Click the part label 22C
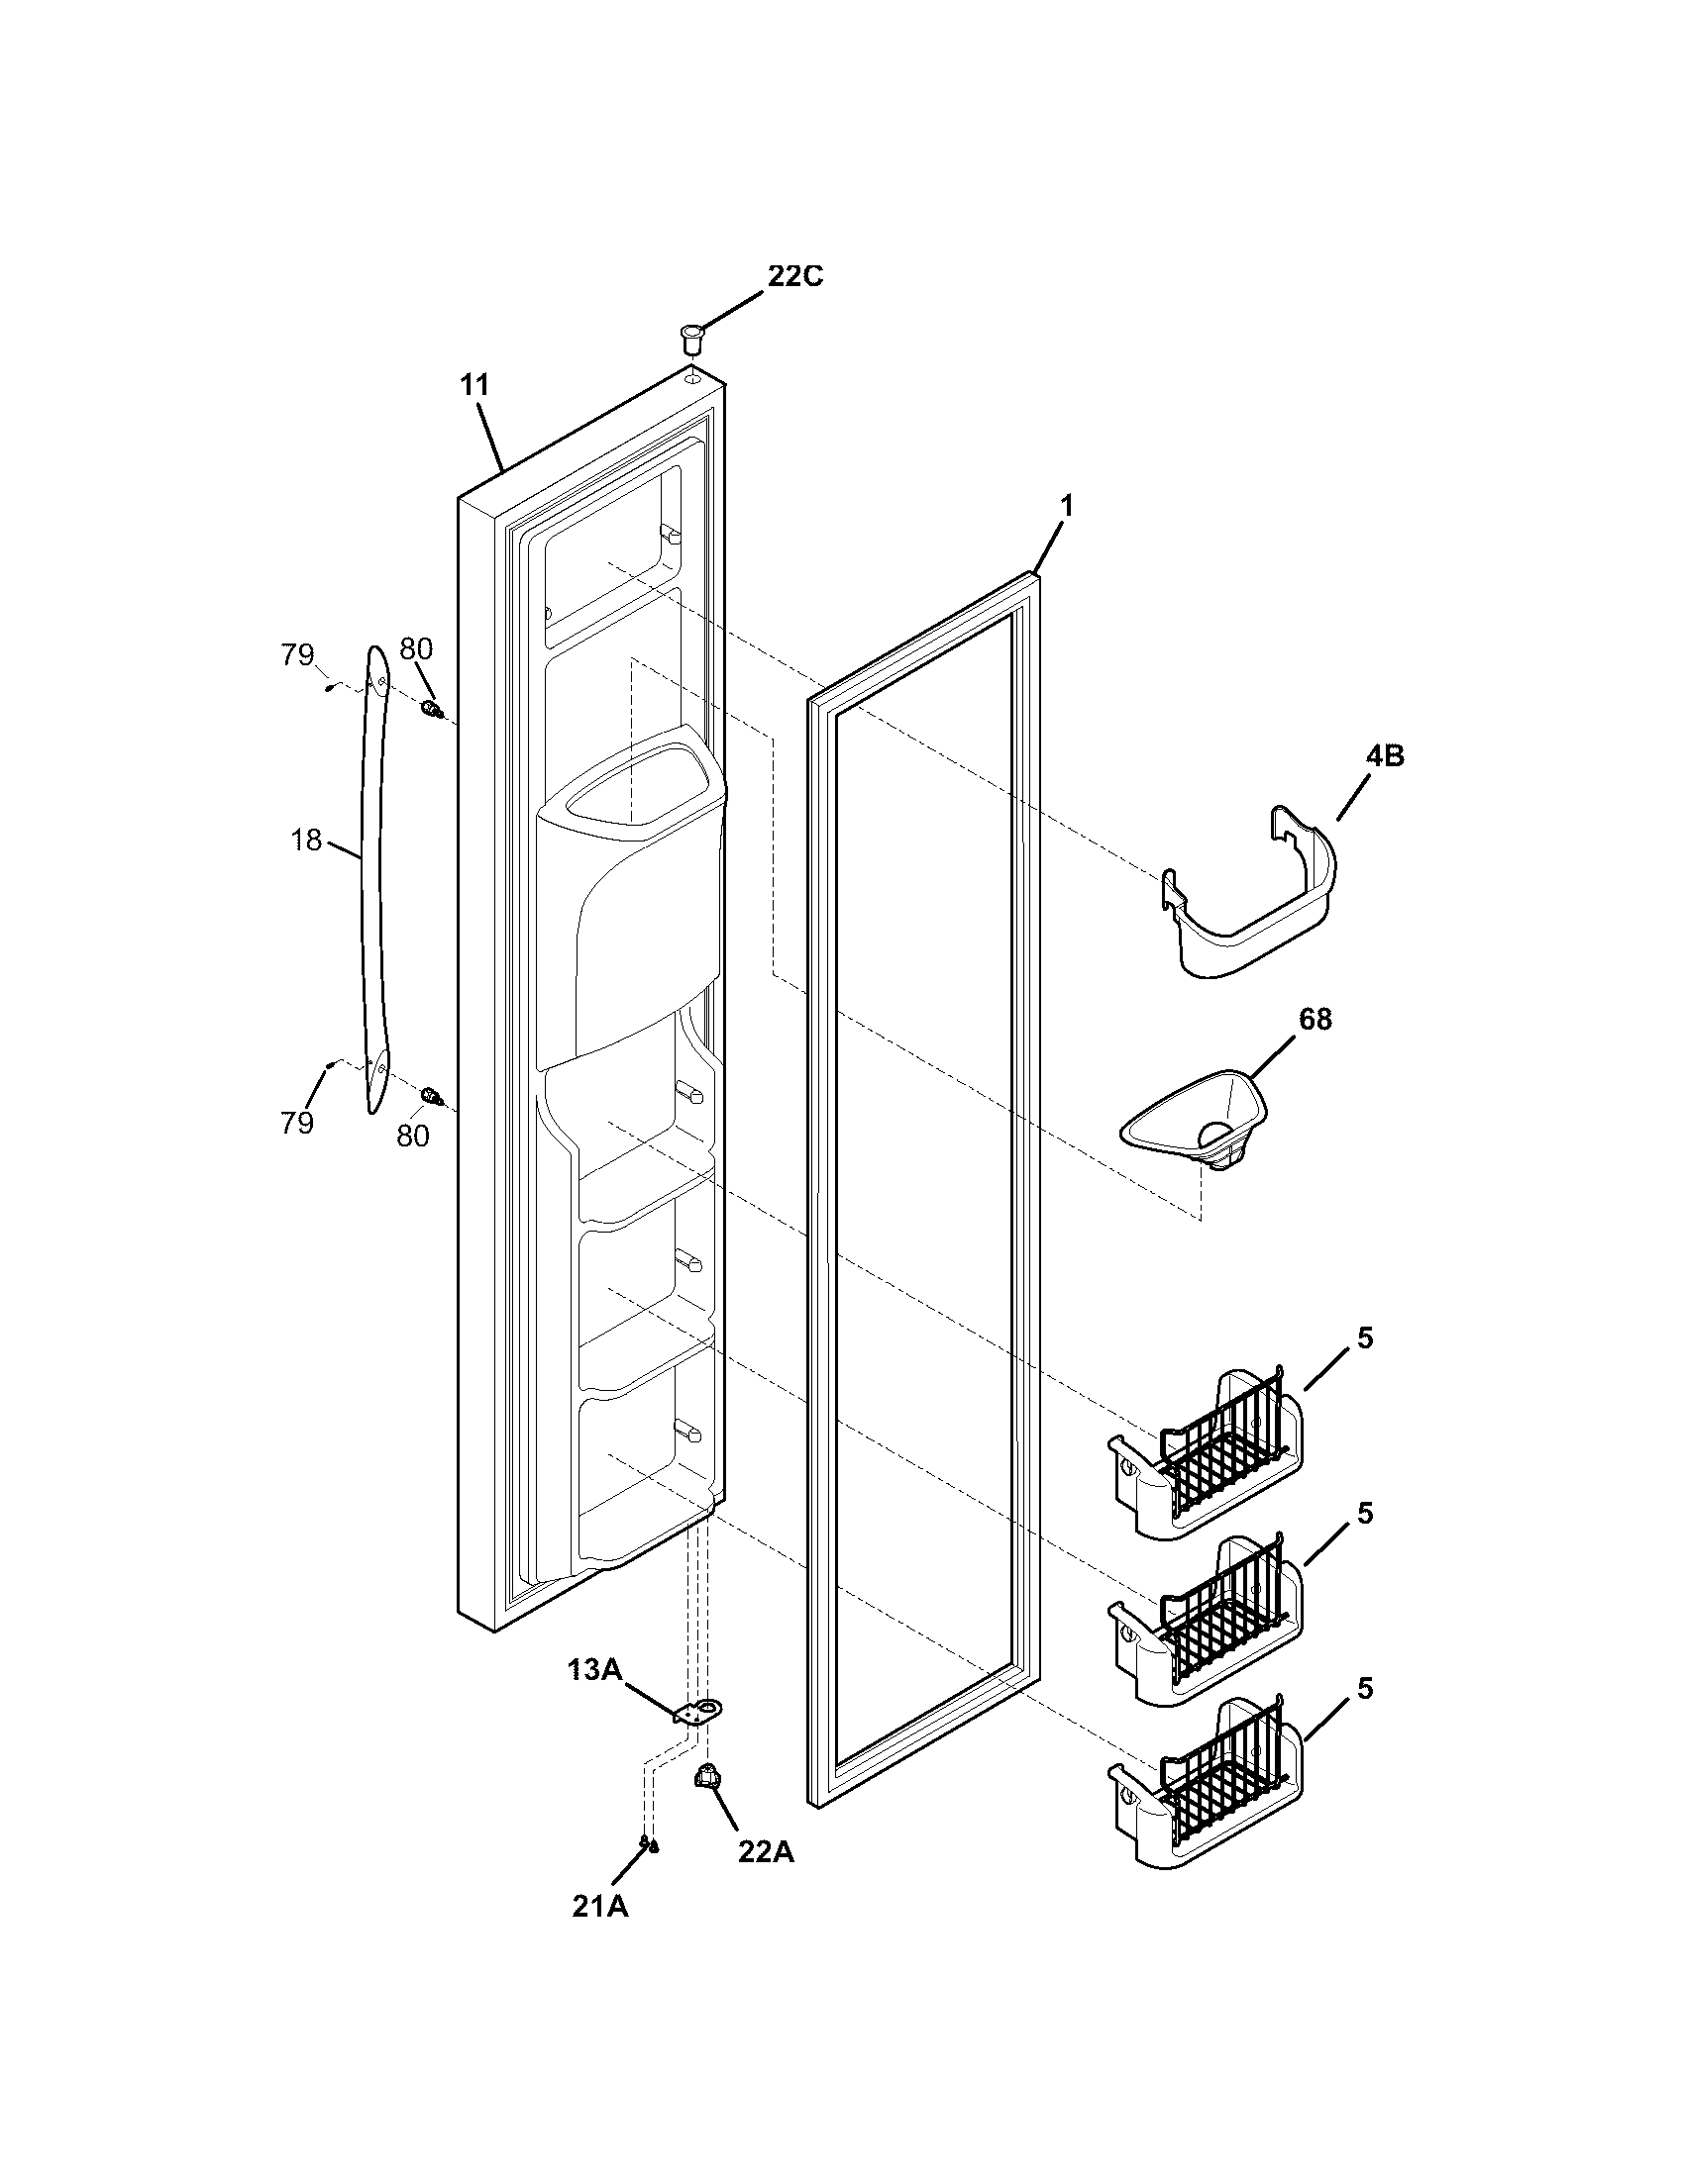click(x=794, y=276)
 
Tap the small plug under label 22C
click(x=689, y=336)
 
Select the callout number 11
click(x=475, y=385)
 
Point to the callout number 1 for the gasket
click(x=1066, y=507)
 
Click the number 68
click(x=1314, y=1020)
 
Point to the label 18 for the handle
click(x=307, y=841)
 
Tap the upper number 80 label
click(x=415, y=649)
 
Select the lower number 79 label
click(x=297, y=1123)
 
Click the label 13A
click(x=594, y=1669)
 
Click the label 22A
click(x=765, y=1851)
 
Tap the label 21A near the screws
click(x=599, y=1907)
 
